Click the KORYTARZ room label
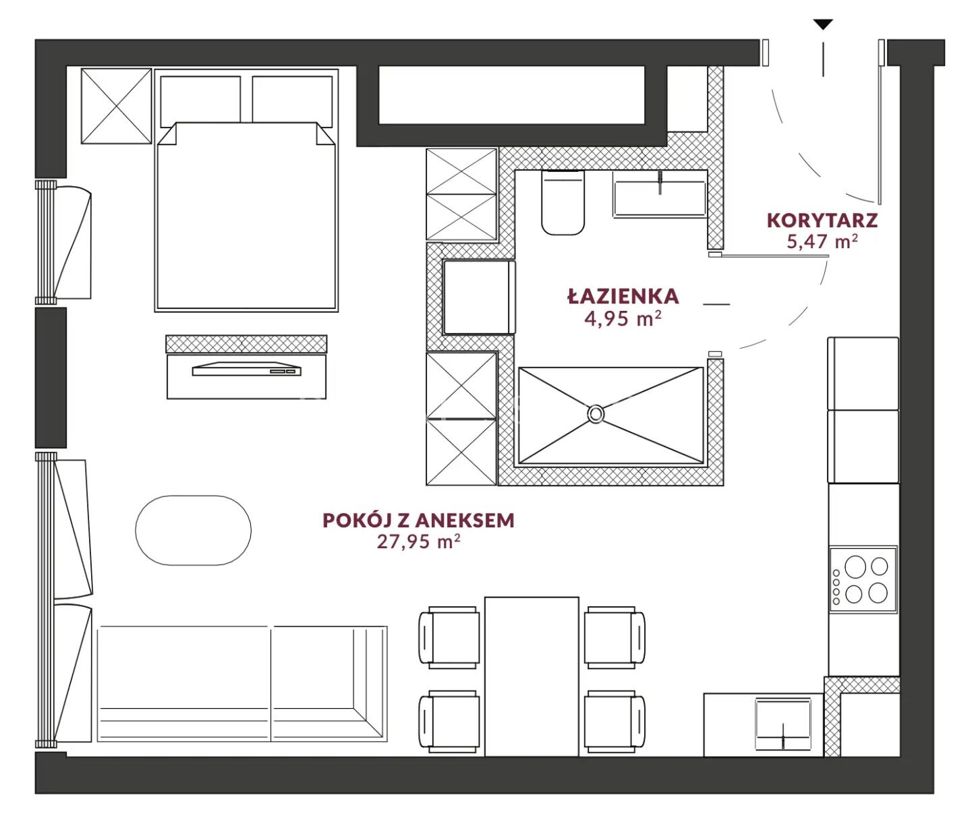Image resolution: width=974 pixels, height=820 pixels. click(x=822, y=221)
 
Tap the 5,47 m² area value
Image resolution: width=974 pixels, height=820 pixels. click(x=822, y=241)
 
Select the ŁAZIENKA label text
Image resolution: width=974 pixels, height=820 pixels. click(x=623, y=297)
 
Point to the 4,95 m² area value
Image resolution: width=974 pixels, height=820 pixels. click(x=623, y=318)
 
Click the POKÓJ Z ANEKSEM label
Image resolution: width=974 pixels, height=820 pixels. click(x=418, y=520)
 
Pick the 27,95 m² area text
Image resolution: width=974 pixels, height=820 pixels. click(x=418, y=541)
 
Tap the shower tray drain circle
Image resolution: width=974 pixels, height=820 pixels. click(x=595, y=414)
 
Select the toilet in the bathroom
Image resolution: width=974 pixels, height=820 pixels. click(x=563, y=202)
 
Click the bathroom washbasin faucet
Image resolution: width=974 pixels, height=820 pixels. click(x=660, y=182)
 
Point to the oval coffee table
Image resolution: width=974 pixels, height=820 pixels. click(x=193, y=530)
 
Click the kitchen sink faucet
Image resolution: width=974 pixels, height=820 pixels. click(x=782, y=736)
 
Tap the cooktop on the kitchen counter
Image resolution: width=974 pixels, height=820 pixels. click(x=863, y=579)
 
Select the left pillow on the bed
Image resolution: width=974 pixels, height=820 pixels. click(x=200, y=101)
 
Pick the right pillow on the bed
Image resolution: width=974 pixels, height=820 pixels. click(x=292, y=101)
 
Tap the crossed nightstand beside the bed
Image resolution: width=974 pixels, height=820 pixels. click(x=116, y=106)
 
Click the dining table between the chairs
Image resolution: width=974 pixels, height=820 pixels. click(x=532, y=676)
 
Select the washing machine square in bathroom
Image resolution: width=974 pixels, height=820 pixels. click(x=479, y=297)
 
